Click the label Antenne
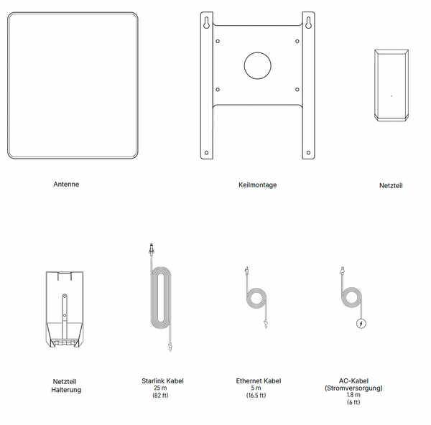[66, 184]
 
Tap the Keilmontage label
[258, 185]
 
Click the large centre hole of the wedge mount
[258, 65]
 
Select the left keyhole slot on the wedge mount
[206, 23]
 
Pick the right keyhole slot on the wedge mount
[308, 23]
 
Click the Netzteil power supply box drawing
[391, 85]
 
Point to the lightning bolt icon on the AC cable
[361, 323]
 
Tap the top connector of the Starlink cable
[151, 248]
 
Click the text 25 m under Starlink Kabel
[160, 388]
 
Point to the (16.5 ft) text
[256, 396]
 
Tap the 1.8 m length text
[353, 395]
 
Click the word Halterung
[66, 390]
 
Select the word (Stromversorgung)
[353, 388]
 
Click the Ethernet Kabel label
[259, 380]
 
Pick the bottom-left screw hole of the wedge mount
[206, 153]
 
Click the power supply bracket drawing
[65, 309]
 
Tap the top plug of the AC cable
[342, 271]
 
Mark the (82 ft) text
[160, 396]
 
